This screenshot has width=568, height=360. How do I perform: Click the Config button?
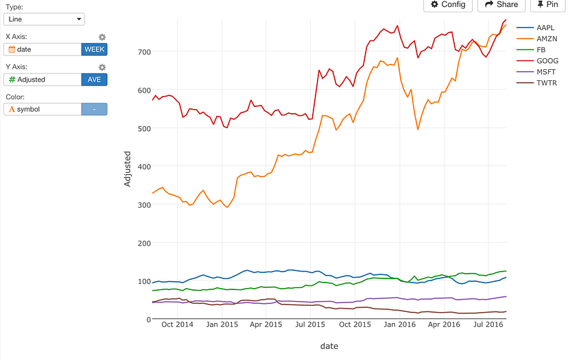(448, 4)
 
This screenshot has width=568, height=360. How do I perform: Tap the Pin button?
(547, 4)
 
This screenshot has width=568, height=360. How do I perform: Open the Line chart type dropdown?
(45, 19)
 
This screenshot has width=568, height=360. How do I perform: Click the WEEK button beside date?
(94, 49)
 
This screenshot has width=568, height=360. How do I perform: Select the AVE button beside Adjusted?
(94, 80)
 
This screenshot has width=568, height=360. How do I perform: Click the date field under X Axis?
(43, 49)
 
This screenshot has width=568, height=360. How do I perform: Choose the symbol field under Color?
(43, 109)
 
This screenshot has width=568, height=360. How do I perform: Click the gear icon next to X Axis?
(102, 37)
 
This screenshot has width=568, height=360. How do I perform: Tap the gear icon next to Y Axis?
(102, 67)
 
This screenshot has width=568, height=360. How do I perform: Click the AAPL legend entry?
(546, 28)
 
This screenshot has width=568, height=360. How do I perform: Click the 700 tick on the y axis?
(143, 51)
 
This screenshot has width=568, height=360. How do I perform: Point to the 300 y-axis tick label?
(143, 205)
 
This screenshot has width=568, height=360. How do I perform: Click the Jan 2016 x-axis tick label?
(398, 324)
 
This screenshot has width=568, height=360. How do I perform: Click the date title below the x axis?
(329, 346)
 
